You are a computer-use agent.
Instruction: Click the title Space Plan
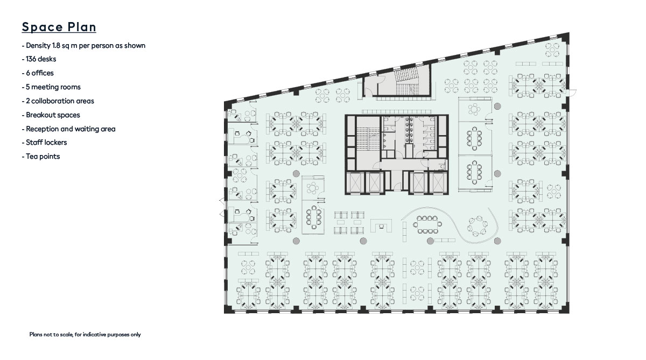(x=59, y=27)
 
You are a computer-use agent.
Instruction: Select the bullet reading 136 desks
(x=39, y=59)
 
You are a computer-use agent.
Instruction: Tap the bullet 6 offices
(x=38, y=73)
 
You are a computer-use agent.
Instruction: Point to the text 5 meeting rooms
(x=51, y=87)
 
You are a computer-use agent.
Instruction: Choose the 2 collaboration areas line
(x=58, y=101)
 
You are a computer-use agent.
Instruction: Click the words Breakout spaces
(x=51, y=115)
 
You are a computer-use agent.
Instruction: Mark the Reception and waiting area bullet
(x=69, y=129)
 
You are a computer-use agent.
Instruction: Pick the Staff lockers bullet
(x=44, y=143)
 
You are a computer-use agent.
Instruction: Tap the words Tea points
(x=41, y=157)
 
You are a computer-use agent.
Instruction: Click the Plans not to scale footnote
(x=85, y=335)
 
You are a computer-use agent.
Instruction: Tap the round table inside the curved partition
(x=478, y=226)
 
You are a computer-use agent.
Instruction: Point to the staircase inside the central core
(x=368, y=136)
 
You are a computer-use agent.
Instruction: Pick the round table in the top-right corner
(x=552, y=50)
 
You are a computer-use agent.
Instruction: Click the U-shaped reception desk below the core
(x=381, y=225)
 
